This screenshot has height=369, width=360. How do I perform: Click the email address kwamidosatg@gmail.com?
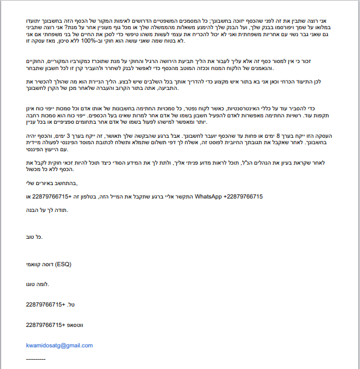(60, 345)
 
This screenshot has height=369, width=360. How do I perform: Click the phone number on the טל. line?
(44, 304)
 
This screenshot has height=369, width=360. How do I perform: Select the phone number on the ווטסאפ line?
(44, 324)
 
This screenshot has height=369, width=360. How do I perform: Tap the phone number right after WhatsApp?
(242, 197)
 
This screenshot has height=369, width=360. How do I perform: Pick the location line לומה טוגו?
(38, 284)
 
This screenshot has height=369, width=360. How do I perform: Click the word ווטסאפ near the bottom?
(74, 324)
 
